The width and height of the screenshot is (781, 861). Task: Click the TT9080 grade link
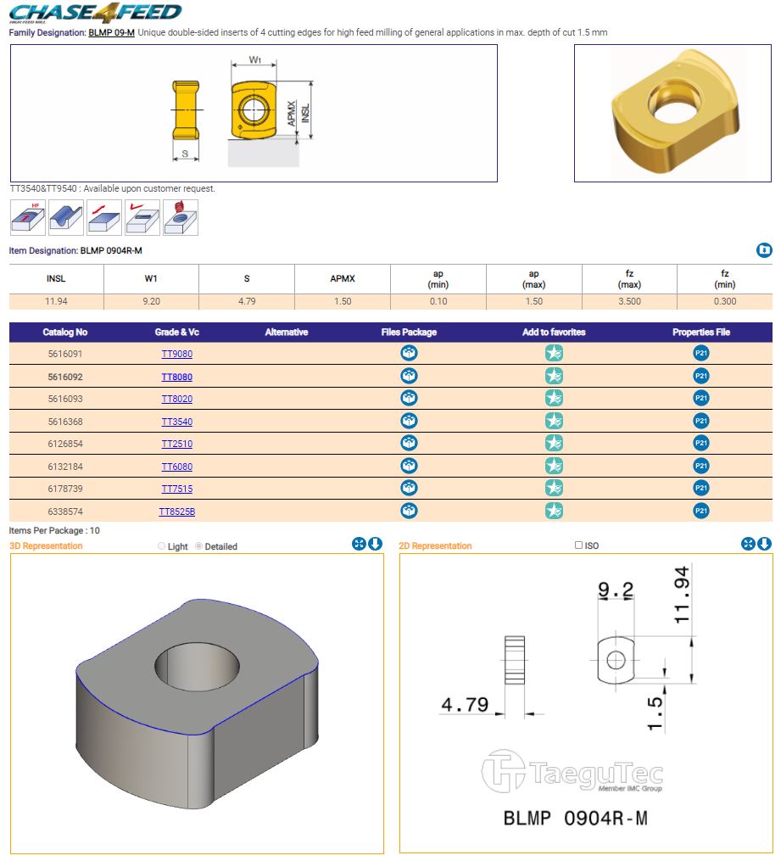176,354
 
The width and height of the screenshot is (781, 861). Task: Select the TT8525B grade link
176,512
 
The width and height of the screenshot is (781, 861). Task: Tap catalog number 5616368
65,422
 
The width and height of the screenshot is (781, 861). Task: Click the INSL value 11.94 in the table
56,301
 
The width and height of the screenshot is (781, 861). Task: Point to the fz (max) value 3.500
629,301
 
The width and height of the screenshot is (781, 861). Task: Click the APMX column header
343,278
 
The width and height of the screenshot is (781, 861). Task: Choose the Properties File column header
701,333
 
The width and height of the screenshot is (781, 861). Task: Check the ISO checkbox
578,545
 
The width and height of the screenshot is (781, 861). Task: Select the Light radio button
161,545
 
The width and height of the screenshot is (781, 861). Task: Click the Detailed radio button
199,545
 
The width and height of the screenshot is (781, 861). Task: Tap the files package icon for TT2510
409,443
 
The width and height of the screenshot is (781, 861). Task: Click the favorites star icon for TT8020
554,398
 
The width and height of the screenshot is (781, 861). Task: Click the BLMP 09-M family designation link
111,32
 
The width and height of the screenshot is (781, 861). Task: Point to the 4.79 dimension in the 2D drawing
465,705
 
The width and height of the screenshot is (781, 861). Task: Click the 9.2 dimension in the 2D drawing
616,590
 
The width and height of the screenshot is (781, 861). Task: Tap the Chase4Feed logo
95,13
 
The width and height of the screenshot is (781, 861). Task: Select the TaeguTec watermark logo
572,771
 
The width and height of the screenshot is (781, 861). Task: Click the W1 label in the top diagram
254,59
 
